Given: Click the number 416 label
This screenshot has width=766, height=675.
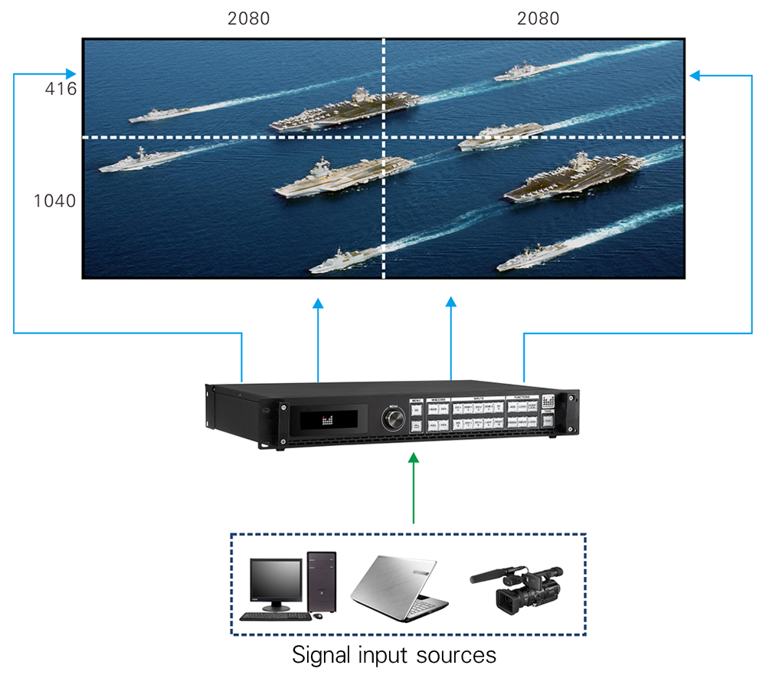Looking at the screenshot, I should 61,89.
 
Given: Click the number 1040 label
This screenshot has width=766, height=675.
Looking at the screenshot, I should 54,202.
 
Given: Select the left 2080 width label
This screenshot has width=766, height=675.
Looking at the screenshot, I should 248,18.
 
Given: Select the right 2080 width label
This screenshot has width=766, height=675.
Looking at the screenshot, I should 538,18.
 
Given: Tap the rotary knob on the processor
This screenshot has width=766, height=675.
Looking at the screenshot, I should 394,419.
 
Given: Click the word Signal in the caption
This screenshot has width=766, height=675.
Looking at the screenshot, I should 321,656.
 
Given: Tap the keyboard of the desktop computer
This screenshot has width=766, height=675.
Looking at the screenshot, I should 275,616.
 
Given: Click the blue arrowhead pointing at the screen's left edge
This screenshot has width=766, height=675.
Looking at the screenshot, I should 71,74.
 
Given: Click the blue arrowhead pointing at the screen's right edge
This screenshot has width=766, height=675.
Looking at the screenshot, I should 696,74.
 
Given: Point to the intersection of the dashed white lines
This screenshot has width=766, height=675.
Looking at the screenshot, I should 383,137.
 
